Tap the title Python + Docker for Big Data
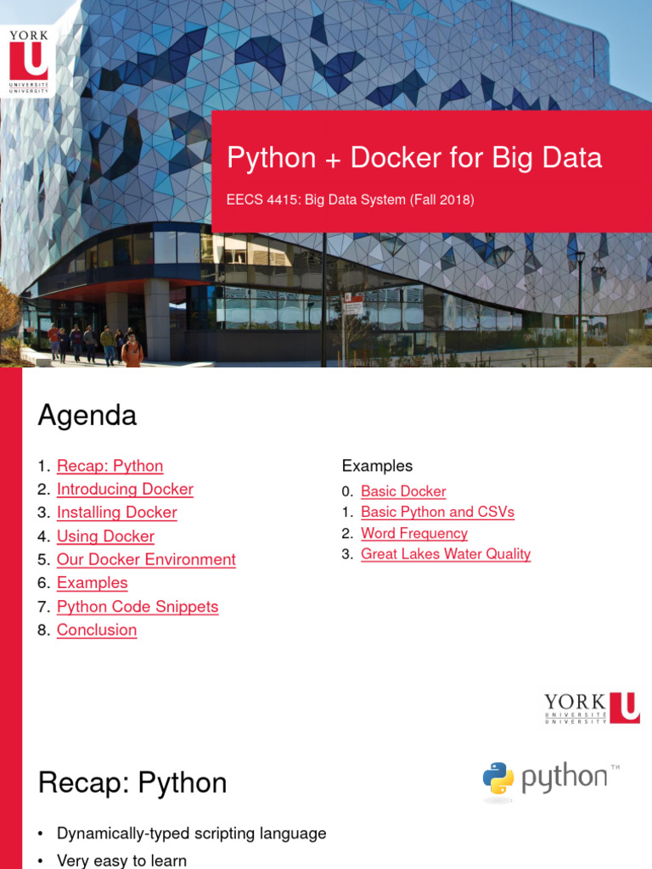click(414, 158)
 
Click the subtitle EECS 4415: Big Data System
click(350, 200)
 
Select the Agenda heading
click(87, 416)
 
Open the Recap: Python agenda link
click(110, 466)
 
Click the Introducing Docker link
click(125, 489)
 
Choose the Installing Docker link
click(116, 513)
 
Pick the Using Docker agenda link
click(105, 536)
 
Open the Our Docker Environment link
click(146, 559)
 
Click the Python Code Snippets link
click(138, 607)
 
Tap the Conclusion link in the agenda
click(97, 630)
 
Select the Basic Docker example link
click(403, 491)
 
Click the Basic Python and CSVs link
click(437, 512)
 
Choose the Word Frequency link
click(414, 533)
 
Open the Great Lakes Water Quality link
click(446, 554)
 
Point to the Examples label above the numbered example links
click(377, 466)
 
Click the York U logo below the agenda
click(592, 708)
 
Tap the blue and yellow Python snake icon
click(498, 778)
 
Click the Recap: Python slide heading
click(132, 782)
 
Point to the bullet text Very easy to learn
click(121, 861)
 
